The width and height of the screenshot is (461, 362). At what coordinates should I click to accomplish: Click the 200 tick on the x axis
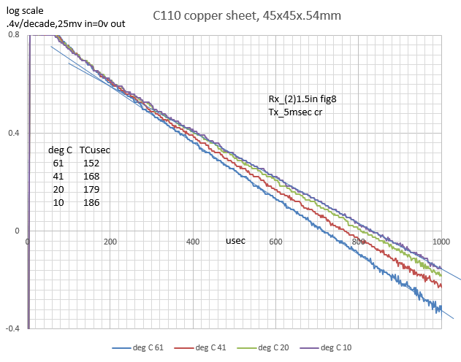(x=110, y=242)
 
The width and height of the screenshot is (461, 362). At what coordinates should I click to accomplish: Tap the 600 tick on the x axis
(x=275, y=242)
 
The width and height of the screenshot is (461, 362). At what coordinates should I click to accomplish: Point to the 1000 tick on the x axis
(x=441, y=242)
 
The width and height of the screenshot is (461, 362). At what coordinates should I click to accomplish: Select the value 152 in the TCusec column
(x=91, y=163)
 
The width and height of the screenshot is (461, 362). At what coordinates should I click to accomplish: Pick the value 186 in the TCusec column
(x=91, y=202)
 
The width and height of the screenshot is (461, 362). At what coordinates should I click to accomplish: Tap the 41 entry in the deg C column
(x=59, y=177)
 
